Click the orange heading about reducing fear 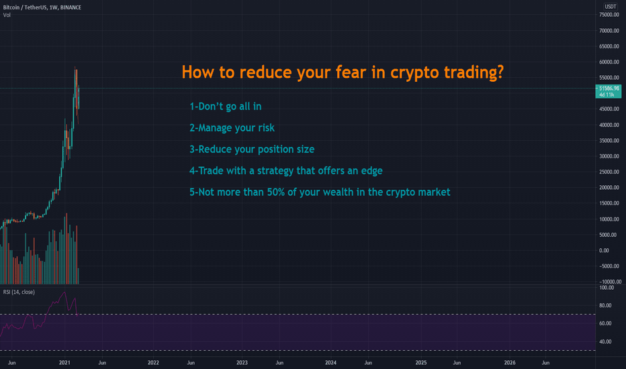coord(343,72)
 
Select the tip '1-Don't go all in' coord(226,107)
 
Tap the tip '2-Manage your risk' coord(232,128)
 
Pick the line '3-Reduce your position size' coord(252,150)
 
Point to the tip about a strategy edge coord(286,171)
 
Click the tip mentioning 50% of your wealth coord(320,193)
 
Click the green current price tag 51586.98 coord(608,91)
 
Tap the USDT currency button coord(610,7)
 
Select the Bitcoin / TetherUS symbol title coord(42,7)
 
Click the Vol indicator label coord(7,15)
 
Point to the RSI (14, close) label coord(19,292)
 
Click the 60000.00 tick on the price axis coord(609,62)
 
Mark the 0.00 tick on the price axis coord(604,250)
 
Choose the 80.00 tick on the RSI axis coord(605,305)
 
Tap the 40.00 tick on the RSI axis coord(605,341)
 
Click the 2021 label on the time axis coord(64,362)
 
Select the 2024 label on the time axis coord(330,362)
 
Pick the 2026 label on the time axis coord(509,362)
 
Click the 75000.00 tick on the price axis coord(609,15)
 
